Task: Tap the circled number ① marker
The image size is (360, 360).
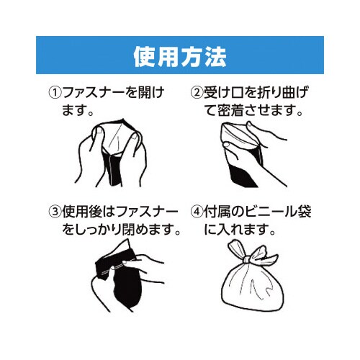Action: (55, 93)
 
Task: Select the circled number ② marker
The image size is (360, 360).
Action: (196, 93)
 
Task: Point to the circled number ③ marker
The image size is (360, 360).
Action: (55, 212)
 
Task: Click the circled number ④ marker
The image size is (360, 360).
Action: (196, 212)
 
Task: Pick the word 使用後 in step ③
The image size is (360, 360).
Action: (81, 212)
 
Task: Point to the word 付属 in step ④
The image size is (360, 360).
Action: (218, 212)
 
